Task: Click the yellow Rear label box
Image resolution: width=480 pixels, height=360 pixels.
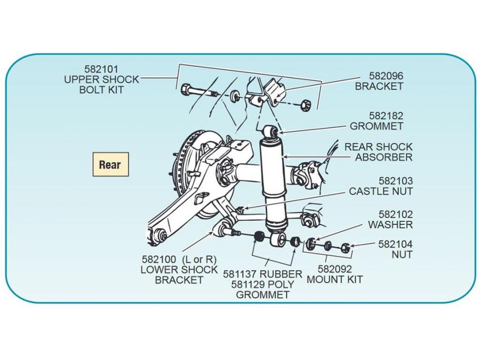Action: [110, 165]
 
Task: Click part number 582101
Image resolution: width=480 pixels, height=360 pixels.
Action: [101, 69]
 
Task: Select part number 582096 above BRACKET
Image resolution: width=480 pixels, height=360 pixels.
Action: [386, 76]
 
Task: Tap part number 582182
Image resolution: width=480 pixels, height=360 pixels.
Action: [386, 116]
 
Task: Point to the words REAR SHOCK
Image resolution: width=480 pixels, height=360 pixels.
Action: [379, 147]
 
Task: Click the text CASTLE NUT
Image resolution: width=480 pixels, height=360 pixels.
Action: [381, 191]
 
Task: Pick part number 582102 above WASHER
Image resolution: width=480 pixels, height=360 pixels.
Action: [395, 214]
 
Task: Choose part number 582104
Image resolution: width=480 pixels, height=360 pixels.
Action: [395, 244]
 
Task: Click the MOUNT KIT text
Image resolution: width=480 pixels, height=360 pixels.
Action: [335, 279]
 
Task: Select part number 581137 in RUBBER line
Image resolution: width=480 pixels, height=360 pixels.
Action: [241, 274]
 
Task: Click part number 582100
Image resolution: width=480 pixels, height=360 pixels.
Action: [158, 259]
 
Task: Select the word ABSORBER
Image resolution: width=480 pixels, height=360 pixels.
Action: [384, 157]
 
